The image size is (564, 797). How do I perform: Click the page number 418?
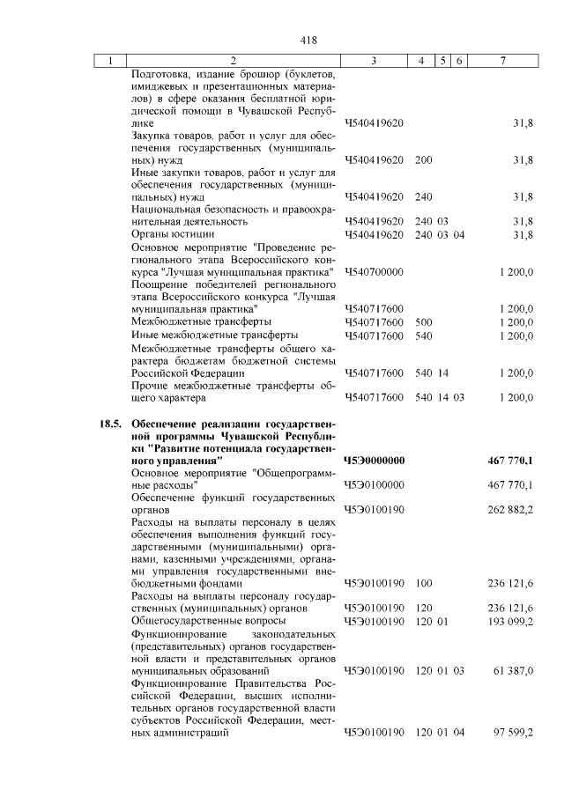click(x=308, y=40)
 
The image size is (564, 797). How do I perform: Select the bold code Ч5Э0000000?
click(x=374, y=461)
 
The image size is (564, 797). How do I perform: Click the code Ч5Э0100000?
click(x=374, y=485)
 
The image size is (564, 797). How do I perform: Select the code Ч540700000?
click(x=374, y=272)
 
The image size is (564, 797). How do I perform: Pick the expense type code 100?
click(x=423, y=584)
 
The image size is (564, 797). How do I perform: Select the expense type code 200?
click(x=423, y=160)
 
